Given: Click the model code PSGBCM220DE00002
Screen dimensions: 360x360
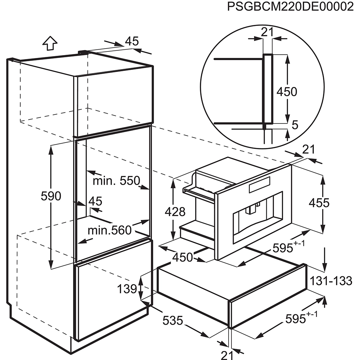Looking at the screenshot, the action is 290,6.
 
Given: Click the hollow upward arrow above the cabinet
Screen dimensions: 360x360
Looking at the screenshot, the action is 50,43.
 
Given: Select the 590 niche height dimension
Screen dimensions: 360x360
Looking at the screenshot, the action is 51,196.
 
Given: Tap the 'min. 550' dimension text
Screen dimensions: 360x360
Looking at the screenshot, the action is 116,181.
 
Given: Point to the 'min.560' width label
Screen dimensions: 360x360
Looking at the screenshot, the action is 110,230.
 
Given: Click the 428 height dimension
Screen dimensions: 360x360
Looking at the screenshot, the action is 175,212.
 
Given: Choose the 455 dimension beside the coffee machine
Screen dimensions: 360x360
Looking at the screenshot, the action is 319,203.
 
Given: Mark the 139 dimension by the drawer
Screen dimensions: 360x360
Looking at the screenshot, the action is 127,289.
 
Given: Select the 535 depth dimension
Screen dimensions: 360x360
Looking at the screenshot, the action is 173,320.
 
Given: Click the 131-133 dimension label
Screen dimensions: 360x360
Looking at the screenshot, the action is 331,281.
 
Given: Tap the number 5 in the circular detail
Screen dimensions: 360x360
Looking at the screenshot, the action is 295,125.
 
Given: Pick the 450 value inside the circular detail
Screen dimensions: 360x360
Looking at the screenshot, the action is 287,91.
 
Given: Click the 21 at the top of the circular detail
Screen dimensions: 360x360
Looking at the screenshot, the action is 267,32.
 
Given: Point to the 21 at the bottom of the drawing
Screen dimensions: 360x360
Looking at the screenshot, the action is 227,355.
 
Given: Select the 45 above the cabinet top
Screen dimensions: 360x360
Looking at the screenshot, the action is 132,41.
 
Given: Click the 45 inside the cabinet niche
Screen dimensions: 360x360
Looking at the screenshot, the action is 95,201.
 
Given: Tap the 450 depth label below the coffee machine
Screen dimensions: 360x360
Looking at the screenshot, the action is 183,257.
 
